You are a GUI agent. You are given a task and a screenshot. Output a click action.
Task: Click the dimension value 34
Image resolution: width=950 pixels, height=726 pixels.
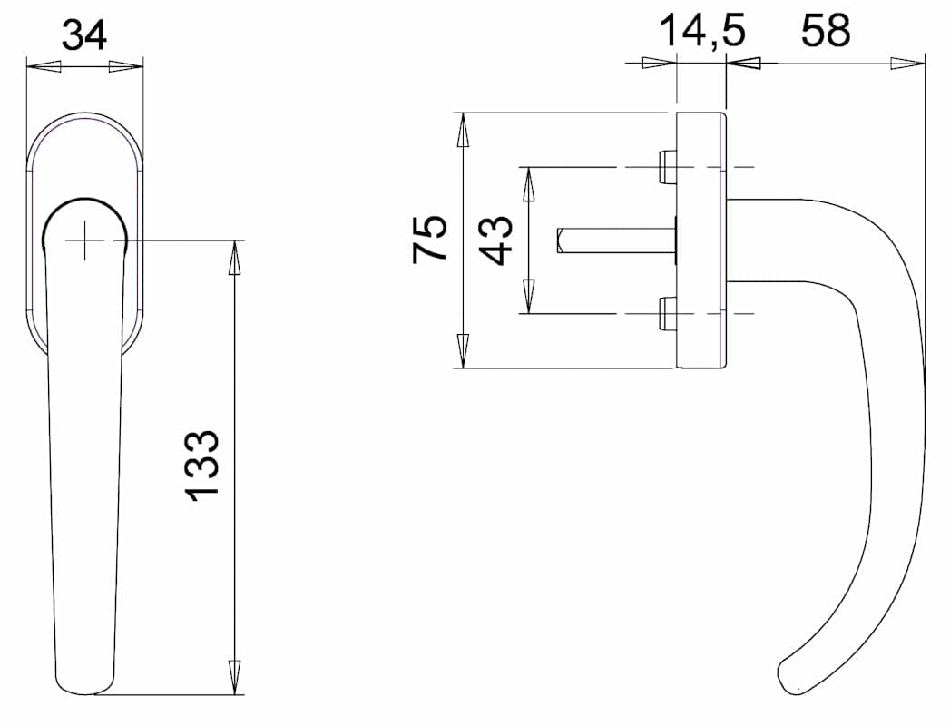[x=84, y=35]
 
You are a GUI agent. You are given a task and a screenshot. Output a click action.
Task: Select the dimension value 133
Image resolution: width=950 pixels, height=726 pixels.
[x=201, y=466]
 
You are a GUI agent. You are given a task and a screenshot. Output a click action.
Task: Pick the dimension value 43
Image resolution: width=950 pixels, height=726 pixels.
[x=498, y=240]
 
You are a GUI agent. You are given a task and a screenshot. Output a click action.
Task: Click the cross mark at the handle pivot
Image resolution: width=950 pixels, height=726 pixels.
[x=84, y=240]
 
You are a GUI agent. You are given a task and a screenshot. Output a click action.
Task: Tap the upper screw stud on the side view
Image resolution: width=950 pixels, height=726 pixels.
[x=667, y=167]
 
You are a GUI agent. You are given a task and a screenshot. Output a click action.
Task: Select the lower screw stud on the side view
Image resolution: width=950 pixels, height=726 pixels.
[x=667, y=314]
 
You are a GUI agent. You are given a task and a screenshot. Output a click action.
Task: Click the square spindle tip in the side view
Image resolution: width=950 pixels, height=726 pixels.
[x=561, y=240]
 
